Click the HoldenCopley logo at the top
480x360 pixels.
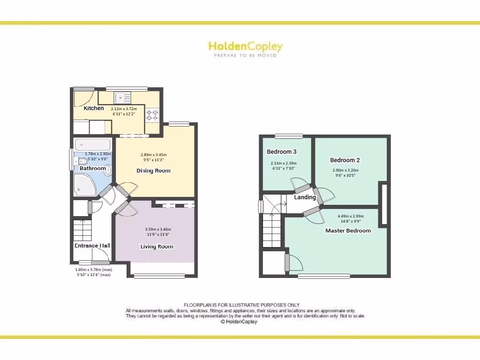click(x=245, y=46)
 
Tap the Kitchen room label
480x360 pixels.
click(x=94, y=108)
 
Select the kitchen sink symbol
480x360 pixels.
click(x=123, y=97)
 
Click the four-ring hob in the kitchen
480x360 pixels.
click(x=152, y=114)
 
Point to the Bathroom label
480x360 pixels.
click(x=92, y=168)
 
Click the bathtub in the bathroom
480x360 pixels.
click(x=92, y=144)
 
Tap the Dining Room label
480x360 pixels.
click(x=153, y=171)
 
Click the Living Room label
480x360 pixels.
click(x=157, y=247)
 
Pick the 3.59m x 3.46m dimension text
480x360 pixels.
click(x=157, y=229)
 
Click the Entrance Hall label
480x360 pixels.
click(x=92, y=246)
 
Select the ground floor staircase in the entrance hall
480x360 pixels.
click(x=82, y=230)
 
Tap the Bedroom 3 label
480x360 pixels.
click(x=282, y=151)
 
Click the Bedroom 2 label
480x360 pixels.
click(x=345, y=160)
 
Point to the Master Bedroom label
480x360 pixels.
click(x=348, y=231)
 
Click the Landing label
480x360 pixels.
click(x=305, y=197)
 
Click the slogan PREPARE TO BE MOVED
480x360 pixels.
click(x=245, y=55)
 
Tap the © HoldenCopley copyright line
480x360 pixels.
click(x=239, y=322)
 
